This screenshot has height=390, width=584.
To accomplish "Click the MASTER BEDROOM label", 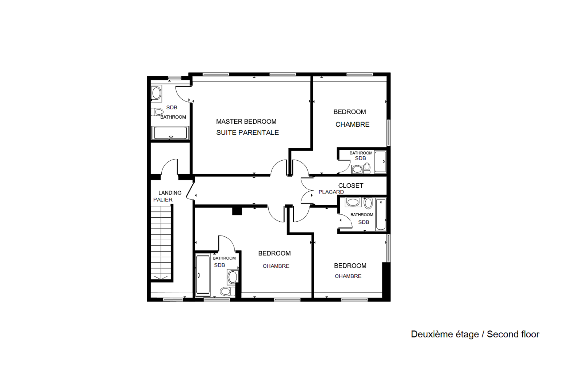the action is point(246,122).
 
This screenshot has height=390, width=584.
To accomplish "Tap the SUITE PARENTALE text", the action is point(247,133).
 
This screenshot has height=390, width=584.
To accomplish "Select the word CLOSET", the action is point(351,186).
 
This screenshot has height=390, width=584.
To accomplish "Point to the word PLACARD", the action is point(331,192).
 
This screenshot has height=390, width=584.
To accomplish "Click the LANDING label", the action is point(170,193).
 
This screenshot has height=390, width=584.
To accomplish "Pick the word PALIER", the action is point(163,200).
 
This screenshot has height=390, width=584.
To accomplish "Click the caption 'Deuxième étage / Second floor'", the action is point(475,334).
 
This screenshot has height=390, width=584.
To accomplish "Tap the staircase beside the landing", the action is point(161,242).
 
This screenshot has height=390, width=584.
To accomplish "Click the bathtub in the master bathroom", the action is point(170,133).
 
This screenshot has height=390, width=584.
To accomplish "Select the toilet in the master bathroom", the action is point(157,112).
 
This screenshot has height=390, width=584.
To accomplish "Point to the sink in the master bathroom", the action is point(156,93).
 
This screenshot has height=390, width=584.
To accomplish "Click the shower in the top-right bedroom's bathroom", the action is point(380,162).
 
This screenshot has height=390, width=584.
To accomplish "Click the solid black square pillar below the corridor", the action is point(237,211).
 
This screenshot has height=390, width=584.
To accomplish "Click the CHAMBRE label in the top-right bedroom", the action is point(352,125).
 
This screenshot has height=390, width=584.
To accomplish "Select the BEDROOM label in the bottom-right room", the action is point(350,265).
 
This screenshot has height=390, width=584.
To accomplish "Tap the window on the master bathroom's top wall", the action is point(174,78).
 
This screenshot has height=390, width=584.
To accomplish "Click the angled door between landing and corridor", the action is point(190,191).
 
